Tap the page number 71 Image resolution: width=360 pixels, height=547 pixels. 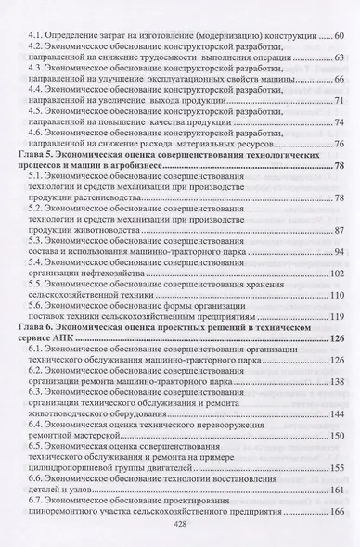(340, 100)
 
